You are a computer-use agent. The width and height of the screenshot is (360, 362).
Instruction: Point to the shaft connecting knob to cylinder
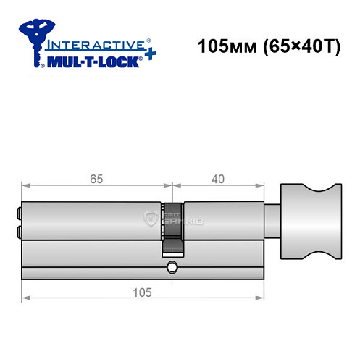[x=271, y=218]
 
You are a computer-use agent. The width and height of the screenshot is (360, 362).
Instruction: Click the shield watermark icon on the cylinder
[x=151, y=217]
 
